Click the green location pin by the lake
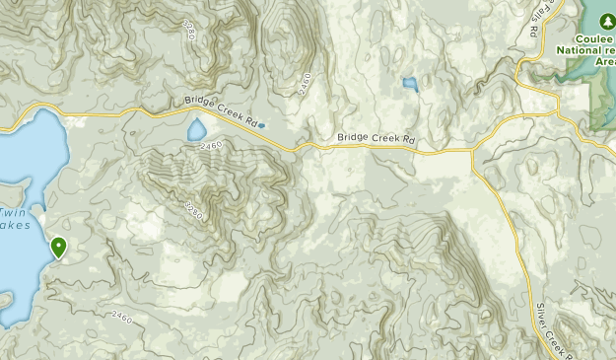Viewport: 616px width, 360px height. (59, 247)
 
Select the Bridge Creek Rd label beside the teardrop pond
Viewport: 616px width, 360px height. (225, 109)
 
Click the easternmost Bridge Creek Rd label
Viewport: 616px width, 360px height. (376, 139)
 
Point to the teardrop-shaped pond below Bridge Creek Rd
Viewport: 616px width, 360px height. (197, 130)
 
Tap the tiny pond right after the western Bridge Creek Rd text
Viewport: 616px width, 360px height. (261, 125)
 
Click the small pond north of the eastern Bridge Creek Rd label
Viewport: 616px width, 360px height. (409, 86)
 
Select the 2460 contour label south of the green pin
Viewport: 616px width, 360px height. (120, 316)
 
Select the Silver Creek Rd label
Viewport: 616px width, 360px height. (547, 325)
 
